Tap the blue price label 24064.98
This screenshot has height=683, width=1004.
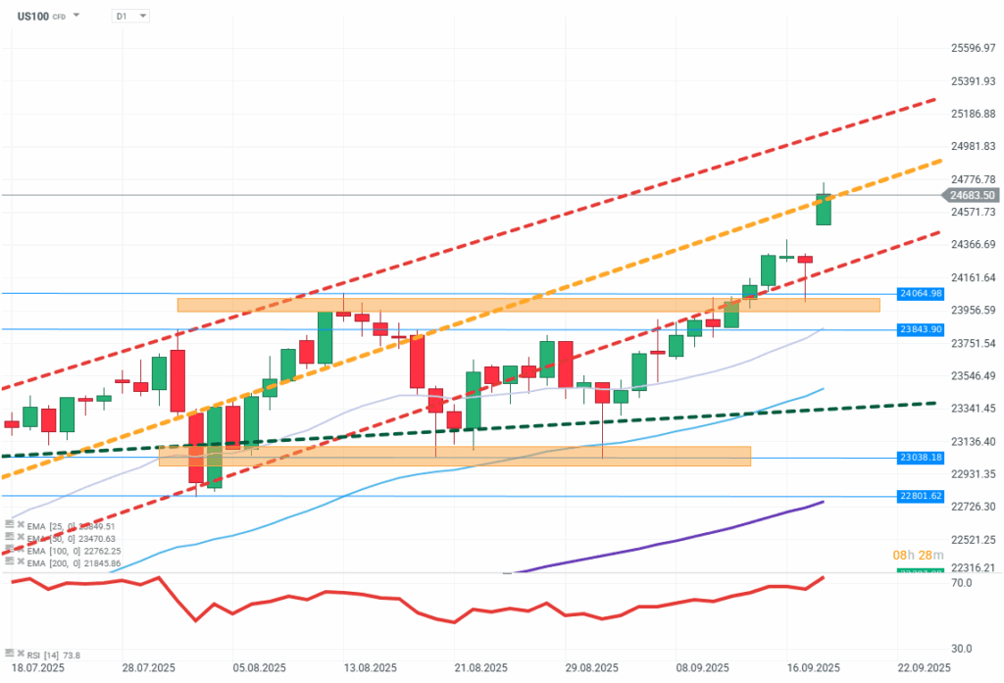click(x=920, y=293)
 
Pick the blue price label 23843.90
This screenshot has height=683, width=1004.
click(x=920, y=329)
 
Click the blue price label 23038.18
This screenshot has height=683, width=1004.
click(x=920, y=458)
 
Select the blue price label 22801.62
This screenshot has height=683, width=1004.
click(x=920, y=496)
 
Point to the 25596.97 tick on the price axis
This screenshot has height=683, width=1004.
click(x=974, y=48)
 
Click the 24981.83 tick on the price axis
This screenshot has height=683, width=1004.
click(x=974, y=146)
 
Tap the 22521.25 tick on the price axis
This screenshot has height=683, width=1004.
click(x=974, y=539)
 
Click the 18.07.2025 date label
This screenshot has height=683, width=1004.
click(x=37, y=668)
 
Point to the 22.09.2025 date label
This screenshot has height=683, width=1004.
click(x=925, y=668)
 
